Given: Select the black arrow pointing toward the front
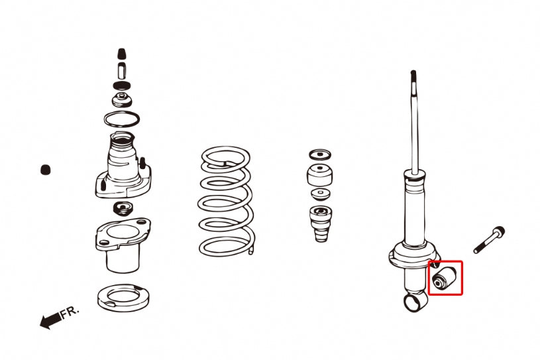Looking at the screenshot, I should tap(49, 322).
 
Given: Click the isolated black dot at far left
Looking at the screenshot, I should tap(46, 170).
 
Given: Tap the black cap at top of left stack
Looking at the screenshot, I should tap(121, 54).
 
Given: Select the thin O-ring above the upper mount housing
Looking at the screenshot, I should tap(122, 120).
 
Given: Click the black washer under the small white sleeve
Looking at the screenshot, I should tap(121, 86).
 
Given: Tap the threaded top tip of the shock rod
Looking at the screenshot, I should tap(413, 80).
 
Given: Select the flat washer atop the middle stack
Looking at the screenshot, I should tap(320, 154).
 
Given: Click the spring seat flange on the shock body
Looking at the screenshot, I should tap(414, 254).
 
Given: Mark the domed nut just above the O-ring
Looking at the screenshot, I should tap(122, 101).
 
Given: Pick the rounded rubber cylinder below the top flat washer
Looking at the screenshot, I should tap(319, 176).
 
